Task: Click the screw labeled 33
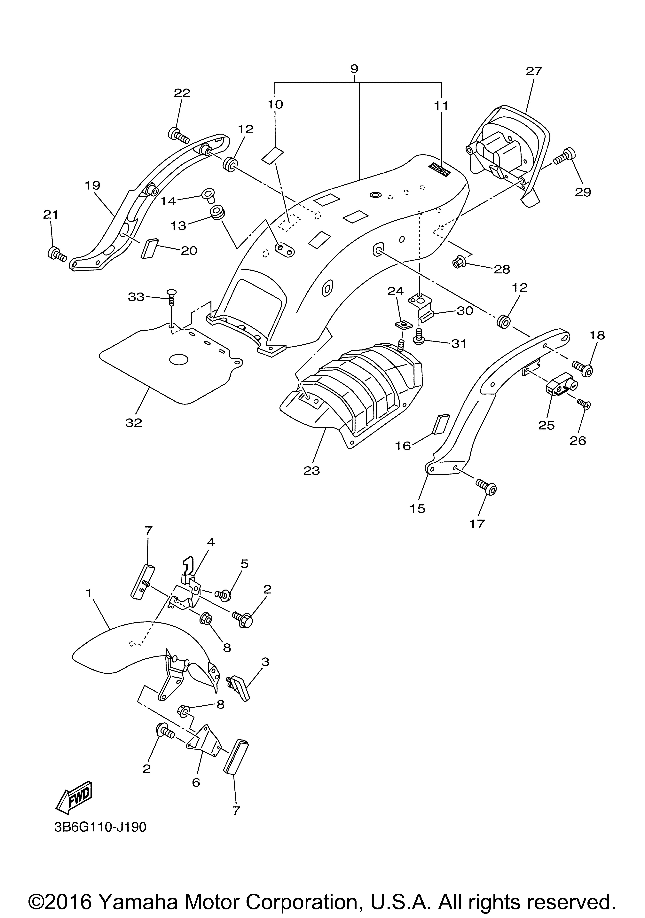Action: (172, 298)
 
